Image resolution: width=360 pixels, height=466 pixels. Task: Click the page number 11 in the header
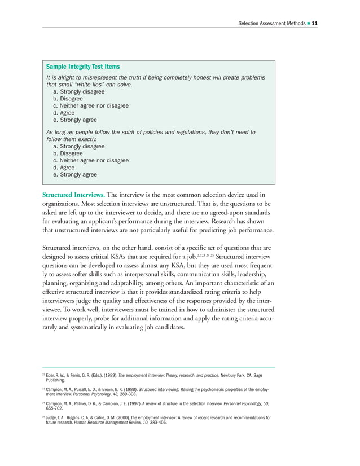click(315, 23)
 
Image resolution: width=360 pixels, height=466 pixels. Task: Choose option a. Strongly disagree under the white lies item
click(78, 91)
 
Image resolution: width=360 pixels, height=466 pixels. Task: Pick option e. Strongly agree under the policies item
click(74, 175)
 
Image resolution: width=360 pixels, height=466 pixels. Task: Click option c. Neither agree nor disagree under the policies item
click(90, 160)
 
